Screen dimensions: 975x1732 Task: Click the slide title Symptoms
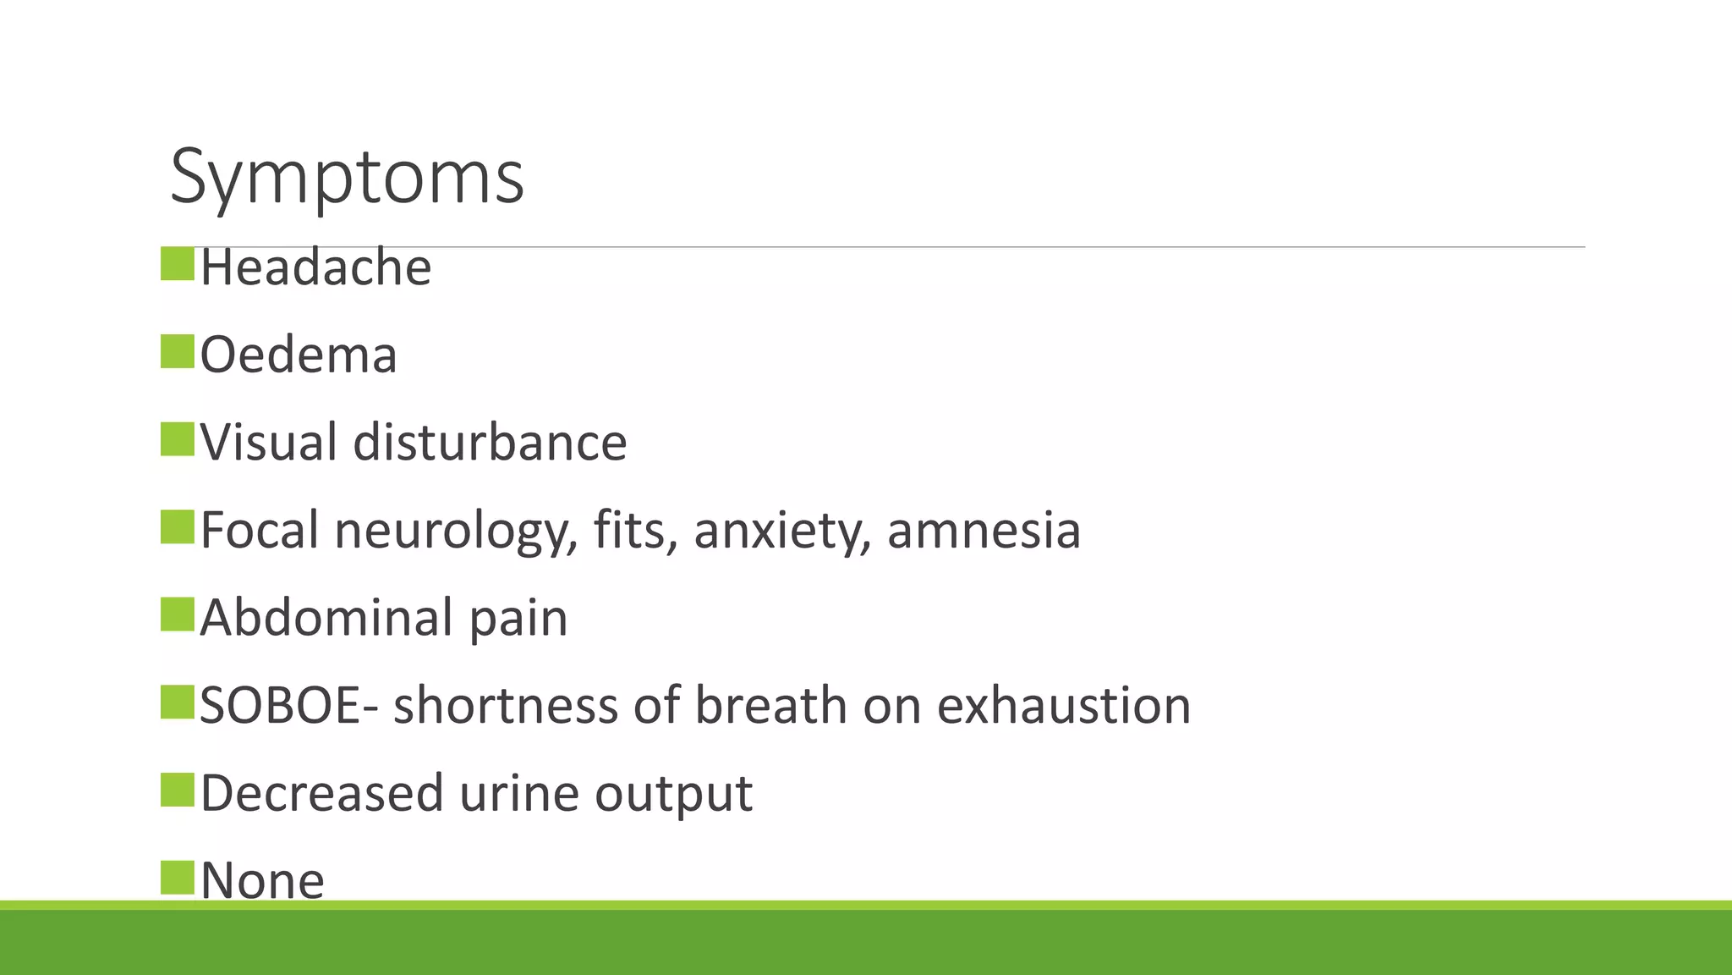(x=347, y=178)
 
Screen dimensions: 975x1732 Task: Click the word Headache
(x=315, y=267)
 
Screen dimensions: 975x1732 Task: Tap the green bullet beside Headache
(x=178, y=263)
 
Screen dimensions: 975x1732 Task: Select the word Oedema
(x=299, y=355)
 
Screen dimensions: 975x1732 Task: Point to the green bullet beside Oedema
(x=178, y=351)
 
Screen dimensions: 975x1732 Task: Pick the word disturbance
(x=490, y=442)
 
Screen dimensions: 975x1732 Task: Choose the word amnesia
(x=984, y=531)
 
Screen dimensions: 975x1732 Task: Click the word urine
(x=519, y=794)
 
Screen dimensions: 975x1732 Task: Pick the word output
(x=673, y=796)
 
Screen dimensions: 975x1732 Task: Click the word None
(x=262, y=880)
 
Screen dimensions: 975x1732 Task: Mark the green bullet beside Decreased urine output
(x=178, y=789)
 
